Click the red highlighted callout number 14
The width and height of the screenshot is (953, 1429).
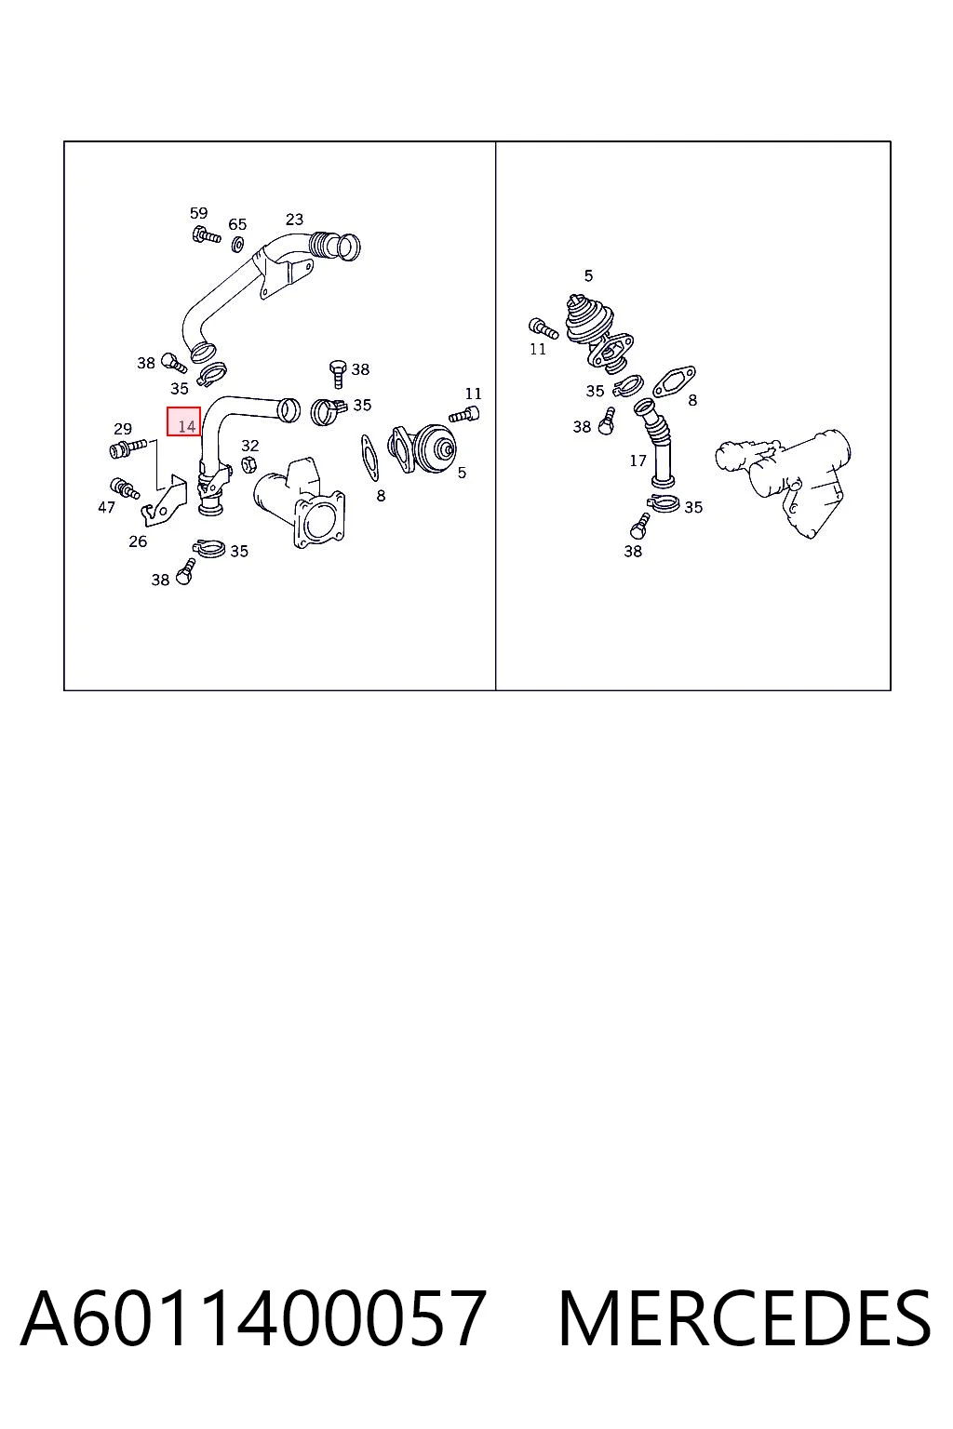[x=184, y=421]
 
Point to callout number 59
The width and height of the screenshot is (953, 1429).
[x=198, y=213]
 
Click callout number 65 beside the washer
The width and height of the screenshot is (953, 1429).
[x=237, y=224]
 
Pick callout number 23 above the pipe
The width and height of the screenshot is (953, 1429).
[x=294, y=220]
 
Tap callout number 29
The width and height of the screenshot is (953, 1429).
[x=123, y=429]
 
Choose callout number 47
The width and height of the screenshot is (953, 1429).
[x=107, y=507]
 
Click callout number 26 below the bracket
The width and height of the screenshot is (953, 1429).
[x=138, y=541]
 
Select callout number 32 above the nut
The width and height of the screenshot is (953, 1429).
[x=250, y=446]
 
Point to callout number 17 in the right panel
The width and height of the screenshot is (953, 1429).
[x=638, y=461]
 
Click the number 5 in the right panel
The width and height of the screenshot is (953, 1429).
[x=588, y=275]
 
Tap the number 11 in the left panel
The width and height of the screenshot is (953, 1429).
[x=473, y=394]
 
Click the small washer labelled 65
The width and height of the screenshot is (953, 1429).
[x=238, y=243]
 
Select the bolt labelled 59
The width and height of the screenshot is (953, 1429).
[x=206, y=234]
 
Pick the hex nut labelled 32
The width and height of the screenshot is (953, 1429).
[x=248, y=464]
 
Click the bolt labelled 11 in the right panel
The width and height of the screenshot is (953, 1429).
[x=544, y=329]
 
